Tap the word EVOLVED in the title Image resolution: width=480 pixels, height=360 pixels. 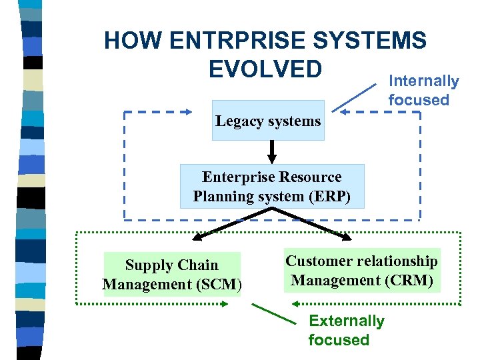tap(266, 69)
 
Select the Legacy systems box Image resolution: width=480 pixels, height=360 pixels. tap(268, 121)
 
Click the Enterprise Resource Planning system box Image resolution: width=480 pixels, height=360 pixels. tap(272, 187)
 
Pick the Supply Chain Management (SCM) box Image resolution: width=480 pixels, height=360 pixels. tap(172, 274)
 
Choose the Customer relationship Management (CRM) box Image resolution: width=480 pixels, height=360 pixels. tap(362, 271)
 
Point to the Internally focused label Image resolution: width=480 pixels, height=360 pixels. tap(423, 91)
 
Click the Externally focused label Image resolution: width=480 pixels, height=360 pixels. tap(346, 330)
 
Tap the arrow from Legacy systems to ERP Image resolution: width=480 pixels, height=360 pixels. tap(271, 152)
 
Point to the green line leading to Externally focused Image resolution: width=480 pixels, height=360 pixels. tap(273, 314)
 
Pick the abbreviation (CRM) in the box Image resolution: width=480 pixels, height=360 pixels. tap(411, 281)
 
